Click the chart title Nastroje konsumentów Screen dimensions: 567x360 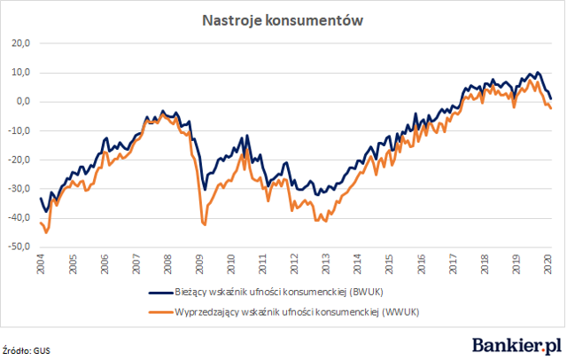tap(283, 20)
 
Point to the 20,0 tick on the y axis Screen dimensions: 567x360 tap(20, 43)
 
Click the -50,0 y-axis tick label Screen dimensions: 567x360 tap(19, 247)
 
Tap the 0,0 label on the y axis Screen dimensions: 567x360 tap(23, 102)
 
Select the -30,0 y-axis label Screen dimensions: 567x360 tap(19, 189)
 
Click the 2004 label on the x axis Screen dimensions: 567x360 tap(41, 264)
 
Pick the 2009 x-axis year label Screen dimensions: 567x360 tap(199, 264)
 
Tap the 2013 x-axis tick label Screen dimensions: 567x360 tap(326, 264)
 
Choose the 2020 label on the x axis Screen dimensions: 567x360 tap(548, 264)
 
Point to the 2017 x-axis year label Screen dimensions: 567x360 tap(453, 264)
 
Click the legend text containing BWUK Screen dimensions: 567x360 tap(279, 292)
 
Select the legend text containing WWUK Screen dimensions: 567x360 tap(297, 312)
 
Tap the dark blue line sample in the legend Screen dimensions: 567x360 tap(160, 293)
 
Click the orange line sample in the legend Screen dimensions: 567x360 tap(160, 312)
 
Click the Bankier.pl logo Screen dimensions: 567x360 tap(517, 346)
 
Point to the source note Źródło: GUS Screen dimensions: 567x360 tap(26, 350)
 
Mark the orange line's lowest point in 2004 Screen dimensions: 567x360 tap(46, 232)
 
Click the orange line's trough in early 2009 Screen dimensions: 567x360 tap(205, 225)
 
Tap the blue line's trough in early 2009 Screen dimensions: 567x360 tap(205, 190)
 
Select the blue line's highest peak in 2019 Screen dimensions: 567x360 tap(538, 73)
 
